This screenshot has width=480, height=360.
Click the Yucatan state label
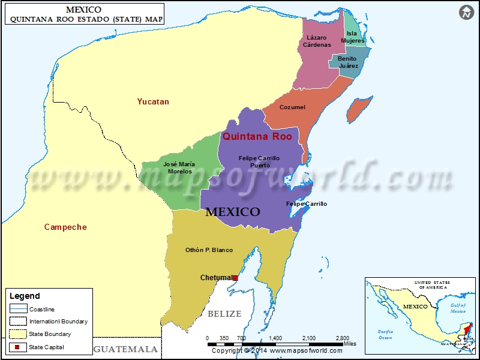pos(152,101)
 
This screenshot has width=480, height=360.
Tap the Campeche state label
pos(65,227)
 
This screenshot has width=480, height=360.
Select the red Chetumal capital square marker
pos(235,278)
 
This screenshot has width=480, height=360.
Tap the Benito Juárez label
pos(347,62)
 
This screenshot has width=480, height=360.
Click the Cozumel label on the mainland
pos(293,107)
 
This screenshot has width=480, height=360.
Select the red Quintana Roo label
pos(257,136)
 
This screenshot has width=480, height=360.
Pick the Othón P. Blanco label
pos(209,250)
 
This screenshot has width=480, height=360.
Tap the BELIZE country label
pos(224,314)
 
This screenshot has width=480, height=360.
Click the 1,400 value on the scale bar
pos(275,338)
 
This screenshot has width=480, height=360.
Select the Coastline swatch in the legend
pos(17,309)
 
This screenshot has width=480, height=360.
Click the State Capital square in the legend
pos(17,346)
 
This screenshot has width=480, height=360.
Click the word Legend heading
pos(25,296)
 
